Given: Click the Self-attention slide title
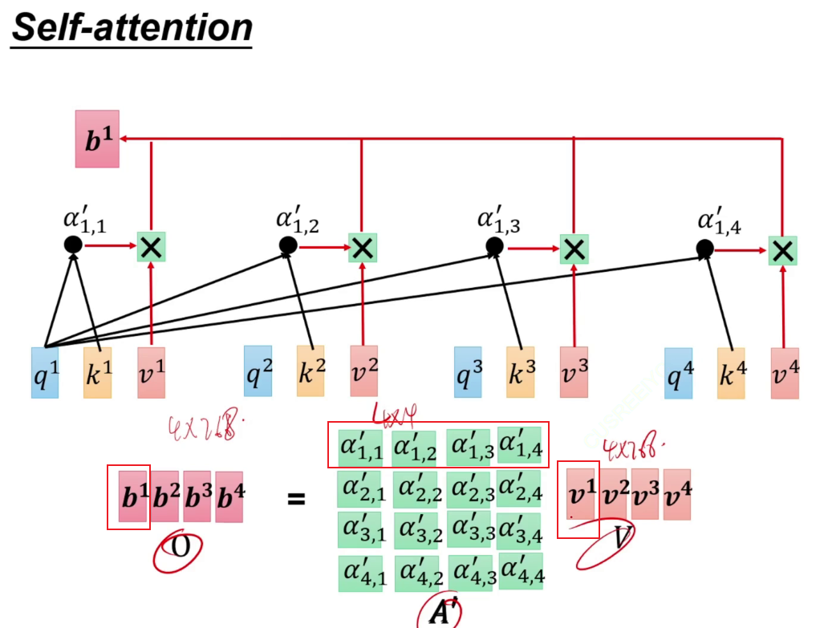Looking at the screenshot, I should [132, 27].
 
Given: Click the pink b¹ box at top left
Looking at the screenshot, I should [97, 139].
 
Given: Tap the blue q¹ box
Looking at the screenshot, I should [45, 372].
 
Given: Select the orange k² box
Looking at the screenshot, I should [311, 372].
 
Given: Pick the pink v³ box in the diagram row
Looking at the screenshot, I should [574, 372].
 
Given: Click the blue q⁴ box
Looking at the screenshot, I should [678, 372].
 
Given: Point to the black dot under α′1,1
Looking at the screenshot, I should [73, 244].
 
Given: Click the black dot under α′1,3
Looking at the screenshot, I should [494, 245].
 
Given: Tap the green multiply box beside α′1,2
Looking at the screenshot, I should [363, 248].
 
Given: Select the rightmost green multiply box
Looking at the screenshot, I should [782, 250].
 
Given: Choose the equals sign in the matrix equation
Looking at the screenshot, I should [297, 499].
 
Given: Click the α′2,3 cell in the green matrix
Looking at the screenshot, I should [469, 488].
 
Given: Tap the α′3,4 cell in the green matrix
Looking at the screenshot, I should [521, 529].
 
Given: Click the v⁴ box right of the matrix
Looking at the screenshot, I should [676, 494].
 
